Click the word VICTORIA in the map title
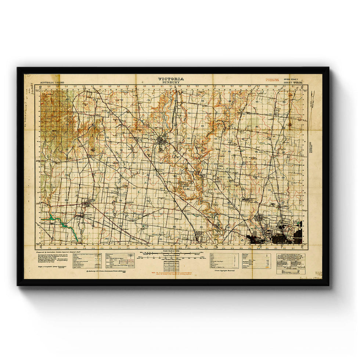[171, 79]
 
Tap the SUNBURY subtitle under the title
[171, 83]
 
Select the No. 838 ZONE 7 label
[293, 79]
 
